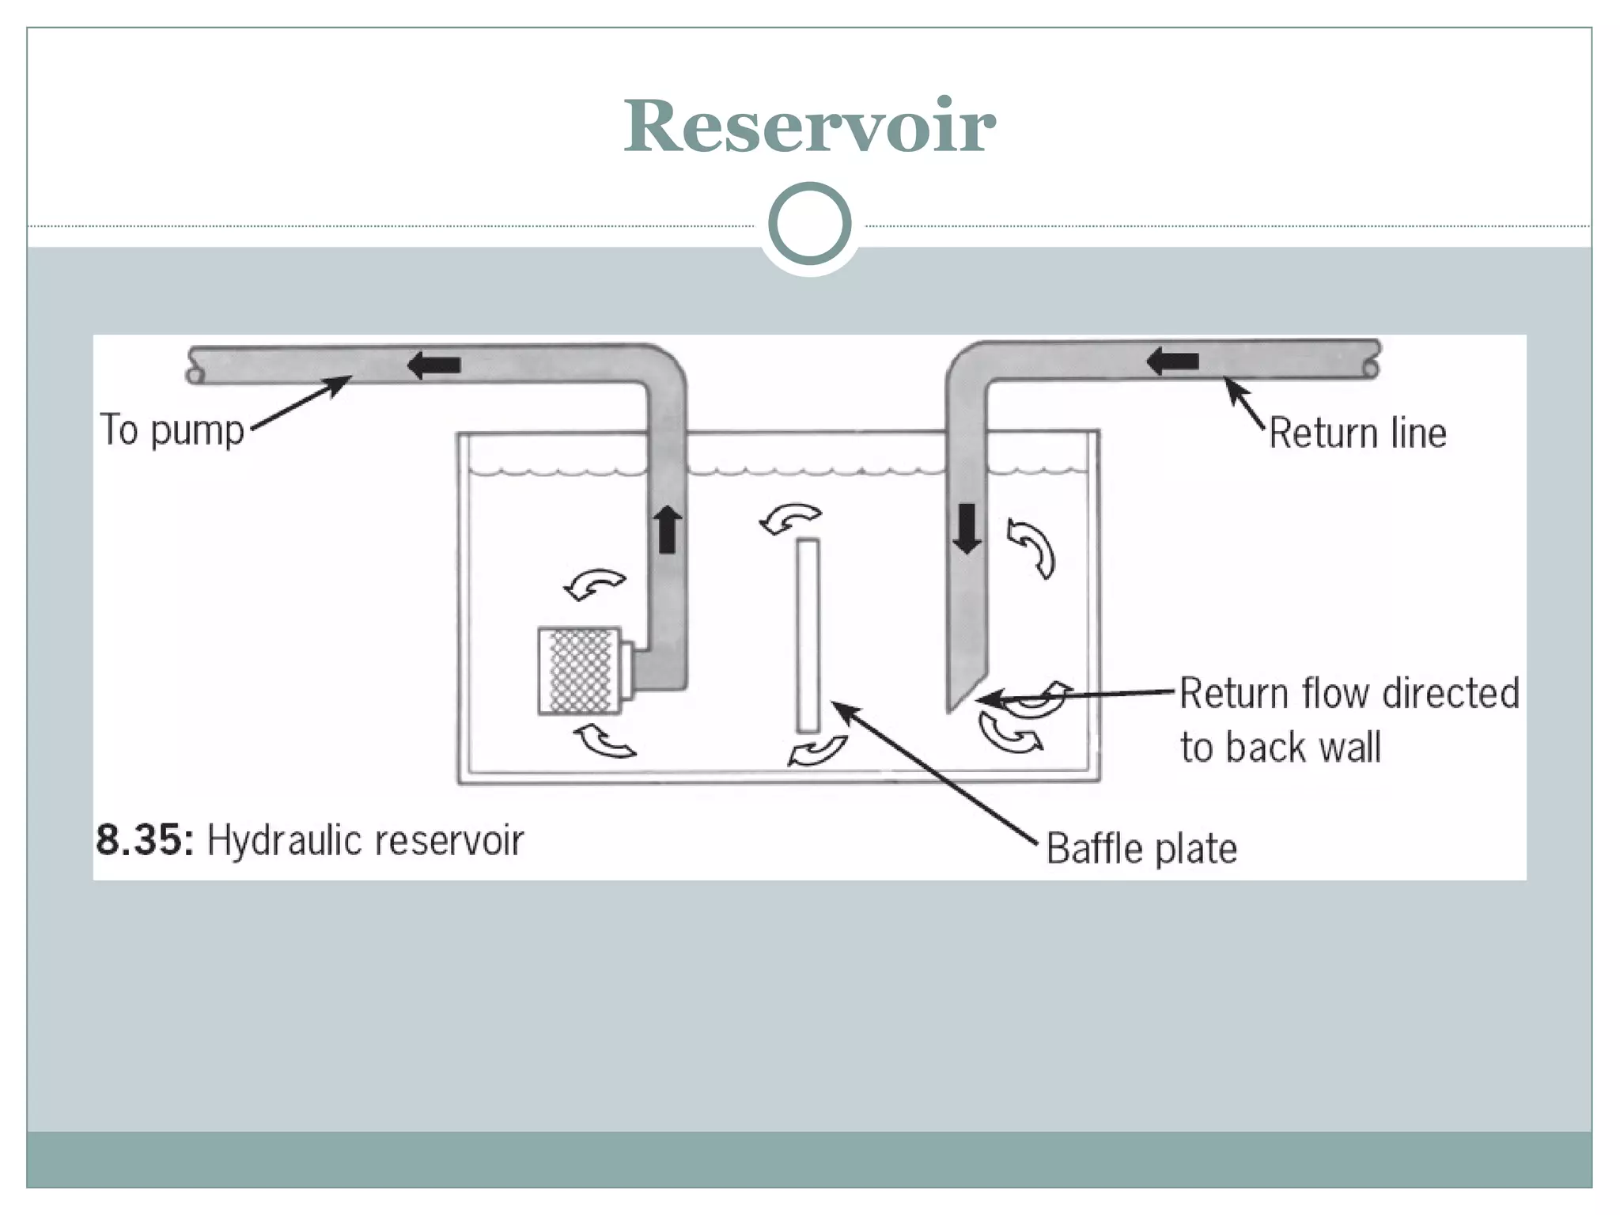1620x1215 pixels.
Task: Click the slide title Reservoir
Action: pyautogui.click(x=809, y=127)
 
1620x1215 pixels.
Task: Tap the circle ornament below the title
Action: pyautogui.click(x=809, y=224)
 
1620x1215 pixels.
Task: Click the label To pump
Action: pyautogui.click(x=172, y=431)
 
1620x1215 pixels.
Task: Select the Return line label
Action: pyautogui.click(x=1357, y=433)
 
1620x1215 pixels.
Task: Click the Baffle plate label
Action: pyautogui.click(x=1141, y=849)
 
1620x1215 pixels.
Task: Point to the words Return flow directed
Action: pyautogui.click(x=1349, y=694)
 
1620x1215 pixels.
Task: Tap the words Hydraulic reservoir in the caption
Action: pyautogui.click(x=365, y=841)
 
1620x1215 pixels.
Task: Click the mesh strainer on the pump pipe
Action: pyautogui.click(x=580, y=671)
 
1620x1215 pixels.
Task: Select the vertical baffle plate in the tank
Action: pyautogui.click(x=808, y=635)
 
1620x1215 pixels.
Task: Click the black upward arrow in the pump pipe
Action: pyautogui.click(x=668, y=529)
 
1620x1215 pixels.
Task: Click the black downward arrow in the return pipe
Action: pyautogui.click(x=967, y=528)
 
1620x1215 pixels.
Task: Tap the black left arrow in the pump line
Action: pyautogui.click(x=433, y=365)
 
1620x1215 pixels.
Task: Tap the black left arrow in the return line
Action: pyautogui.click(x=1172, y=361)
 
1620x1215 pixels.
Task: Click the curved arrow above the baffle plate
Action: pyautogui.click(x=789, y=519)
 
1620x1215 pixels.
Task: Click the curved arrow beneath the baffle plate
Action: pyautogui.click(x=819, y=750)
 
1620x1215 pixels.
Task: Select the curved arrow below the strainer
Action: pyautogui.click(x=604, y=741)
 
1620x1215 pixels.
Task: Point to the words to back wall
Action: pyautogui.click(x=1280, y=748)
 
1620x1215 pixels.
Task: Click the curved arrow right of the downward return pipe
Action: pyautogui.click(x=1031, y=547)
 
